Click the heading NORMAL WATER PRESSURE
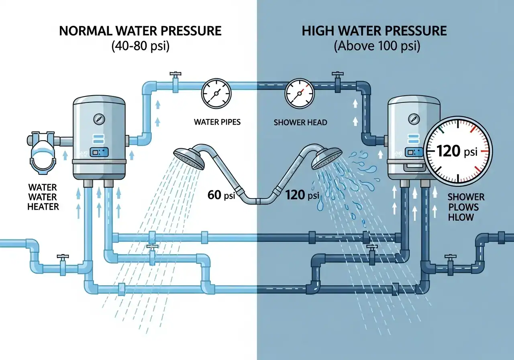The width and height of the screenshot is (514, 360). coord(140,31)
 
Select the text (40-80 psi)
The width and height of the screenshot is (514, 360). coord(140,47)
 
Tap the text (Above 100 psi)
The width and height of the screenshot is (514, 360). coord(377,47)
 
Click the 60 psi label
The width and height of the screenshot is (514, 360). coord(221,196)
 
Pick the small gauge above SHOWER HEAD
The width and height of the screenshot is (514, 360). coord(298,93)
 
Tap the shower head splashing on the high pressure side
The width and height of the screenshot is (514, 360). coord(326,157)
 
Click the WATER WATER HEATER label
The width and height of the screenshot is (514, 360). coord(43,197)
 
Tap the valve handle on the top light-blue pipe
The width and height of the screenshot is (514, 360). coord(175,75)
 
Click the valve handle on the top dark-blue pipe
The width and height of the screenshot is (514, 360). coord(336,75)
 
